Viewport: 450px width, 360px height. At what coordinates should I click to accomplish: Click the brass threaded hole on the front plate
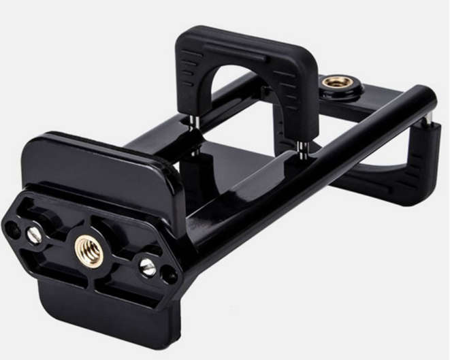point(89,250)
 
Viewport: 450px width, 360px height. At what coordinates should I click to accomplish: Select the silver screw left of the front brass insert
point(34,235)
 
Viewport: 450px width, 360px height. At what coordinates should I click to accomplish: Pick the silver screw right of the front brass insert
point(148,267)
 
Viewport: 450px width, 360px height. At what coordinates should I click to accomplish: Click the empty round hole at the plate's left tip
point(12,229)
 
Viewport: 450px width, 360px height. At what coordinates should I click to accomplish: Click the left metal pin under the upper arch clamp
point(193,122)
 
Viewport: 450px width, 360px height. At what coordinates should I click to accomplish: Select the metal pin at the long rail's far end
point(429,119)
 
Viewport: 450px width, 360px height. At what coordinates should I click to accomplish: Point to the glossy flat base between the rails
point(225,170)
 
